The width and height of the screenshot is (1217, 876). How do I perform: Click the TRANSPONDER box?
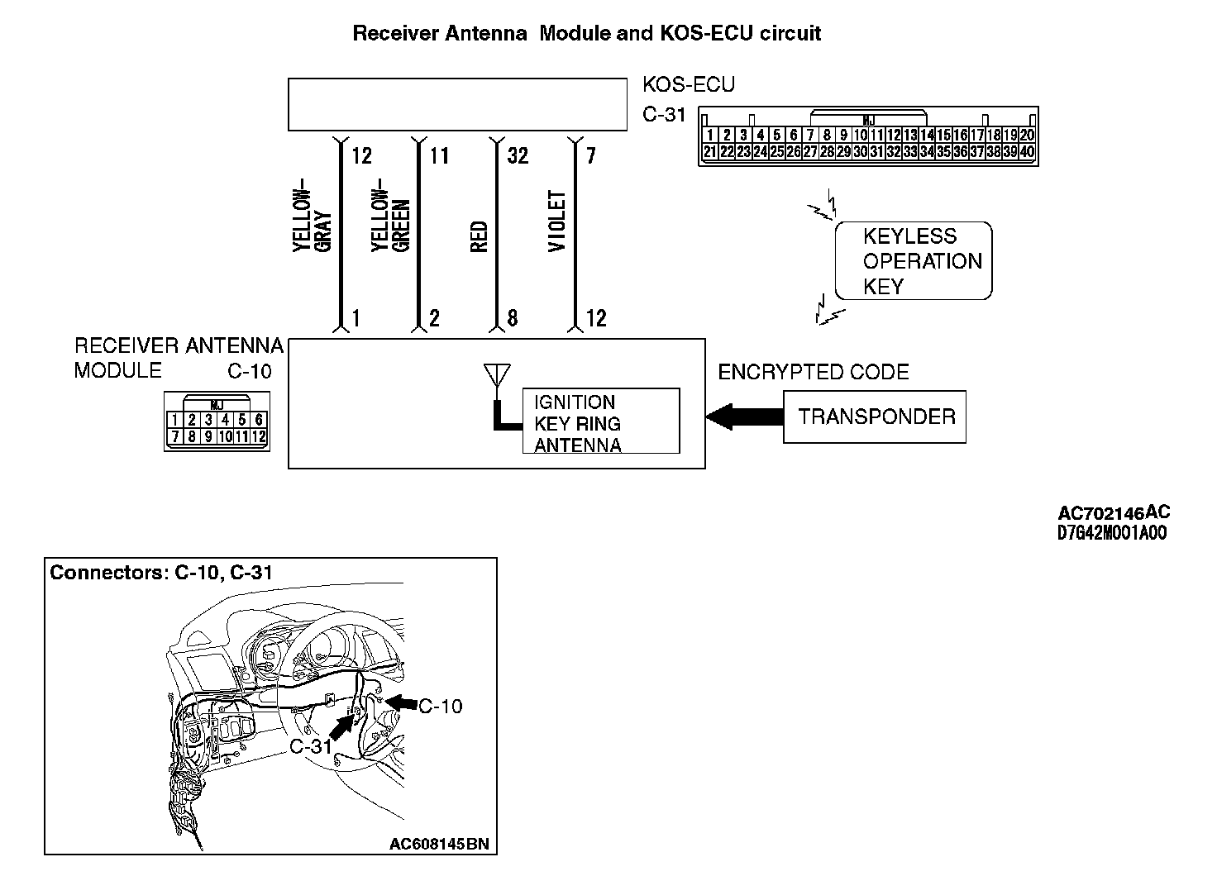[x=875, y=417]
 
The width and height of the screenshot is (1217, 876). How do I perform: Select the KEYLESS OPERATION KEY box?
[x=913, y=261]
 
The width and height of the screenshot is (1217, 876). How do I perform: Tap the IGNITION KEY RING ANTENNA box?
[x=600, y=421]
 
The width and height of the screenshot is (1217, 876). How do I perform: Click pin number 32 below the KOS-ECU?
[x=517, y=155]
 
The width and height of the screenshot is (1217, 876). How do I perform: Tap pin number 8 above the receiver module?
[x=513, y=318]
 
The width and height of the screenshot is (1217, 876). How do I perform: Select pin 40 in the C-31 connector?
[x=1027, y=152]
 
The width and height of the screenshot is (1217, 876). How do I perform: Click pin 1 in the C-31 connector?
[x=709, y=136]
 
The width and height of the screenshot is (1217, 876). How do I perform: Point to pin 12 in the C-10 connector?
[x=258, y=436]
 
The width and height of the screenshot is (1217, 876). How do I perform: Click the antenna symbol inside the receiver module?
[x=494, y=375]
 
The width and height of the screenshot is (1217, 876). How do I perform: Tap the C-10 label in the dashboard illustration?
[x=441, y=706]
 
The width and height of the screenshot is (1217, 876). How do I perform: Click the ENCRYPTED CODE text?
[x=813, y=372]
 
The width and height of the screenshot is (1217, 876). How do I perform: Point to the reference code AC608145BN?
[x=439, y=844]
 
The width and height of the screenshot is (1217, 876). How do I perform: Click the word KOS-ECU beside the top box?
[x=688, y=84]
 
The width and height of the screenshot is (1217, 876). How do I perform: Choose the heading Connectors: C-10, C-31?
[x=161, y=572]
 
